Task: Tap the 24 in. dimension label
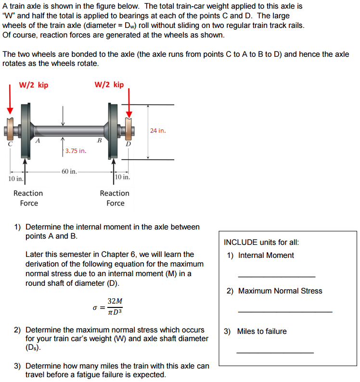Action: [157, 130]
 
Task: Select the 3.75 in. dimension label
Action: [76, 151]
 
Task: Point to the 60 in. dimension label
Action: [69, 171]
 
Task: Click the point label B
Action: [99, 140]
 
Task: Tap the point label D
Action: [128, 143]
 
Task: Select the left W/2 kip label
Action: [33, 85]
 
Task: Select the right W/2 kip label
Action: [109, 85]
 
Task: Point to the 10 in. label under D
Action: [123, 177]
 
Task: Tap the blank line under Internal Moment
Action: [276, 276]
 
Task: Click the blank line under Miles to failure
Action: [275, 353]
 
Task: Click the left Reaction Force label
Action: [28, 198]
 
